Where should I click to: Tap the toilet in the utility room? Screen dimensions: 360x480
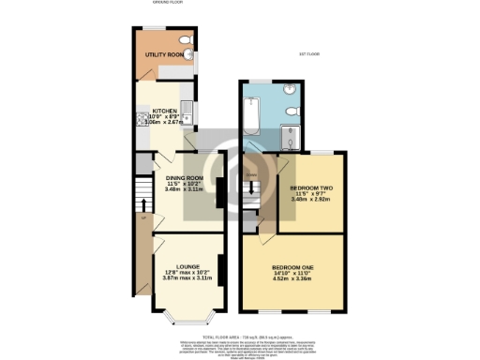point(185,39)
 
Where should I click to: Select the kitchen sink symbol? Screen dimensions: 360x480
point(187,115)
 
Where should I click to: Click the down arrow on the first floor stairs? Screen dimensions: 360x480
point(250,174)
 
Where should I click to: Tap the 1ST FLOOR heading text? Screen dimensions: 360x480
point(309,54)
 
